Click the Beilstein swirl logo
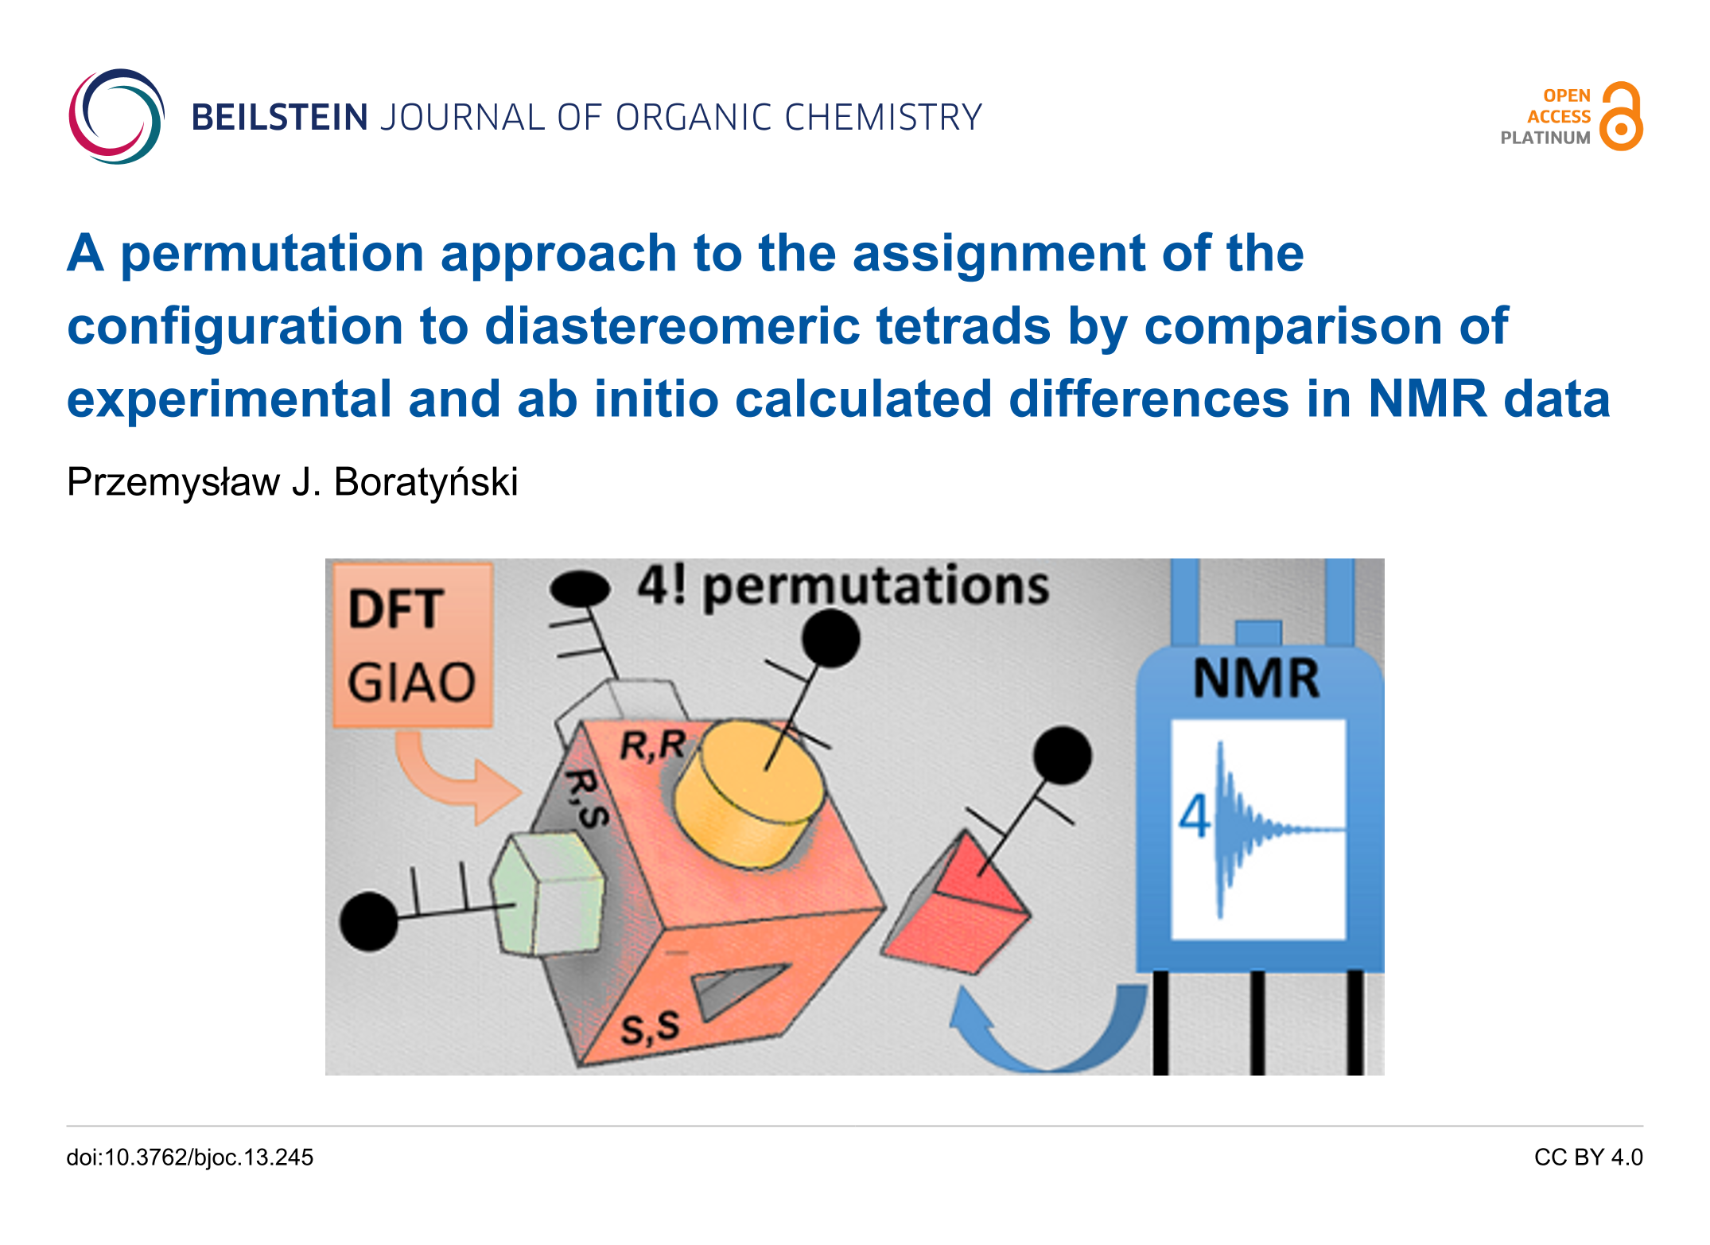116,116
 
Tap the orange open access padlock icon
1622,116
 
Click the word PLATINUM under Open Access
1545,138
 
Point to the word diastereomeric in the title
672,326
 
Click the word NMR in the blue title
1427,399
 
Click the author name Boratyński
426,482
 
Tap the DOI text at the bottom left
190,1157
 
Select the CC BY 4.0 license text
1588,1157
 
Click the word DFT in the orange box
395,609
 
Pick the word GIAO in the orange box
411,683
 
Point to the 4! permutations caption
843,586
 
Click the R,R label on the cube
652,746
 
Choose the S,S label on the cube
651,1029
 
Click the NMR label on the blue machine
1256,678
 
